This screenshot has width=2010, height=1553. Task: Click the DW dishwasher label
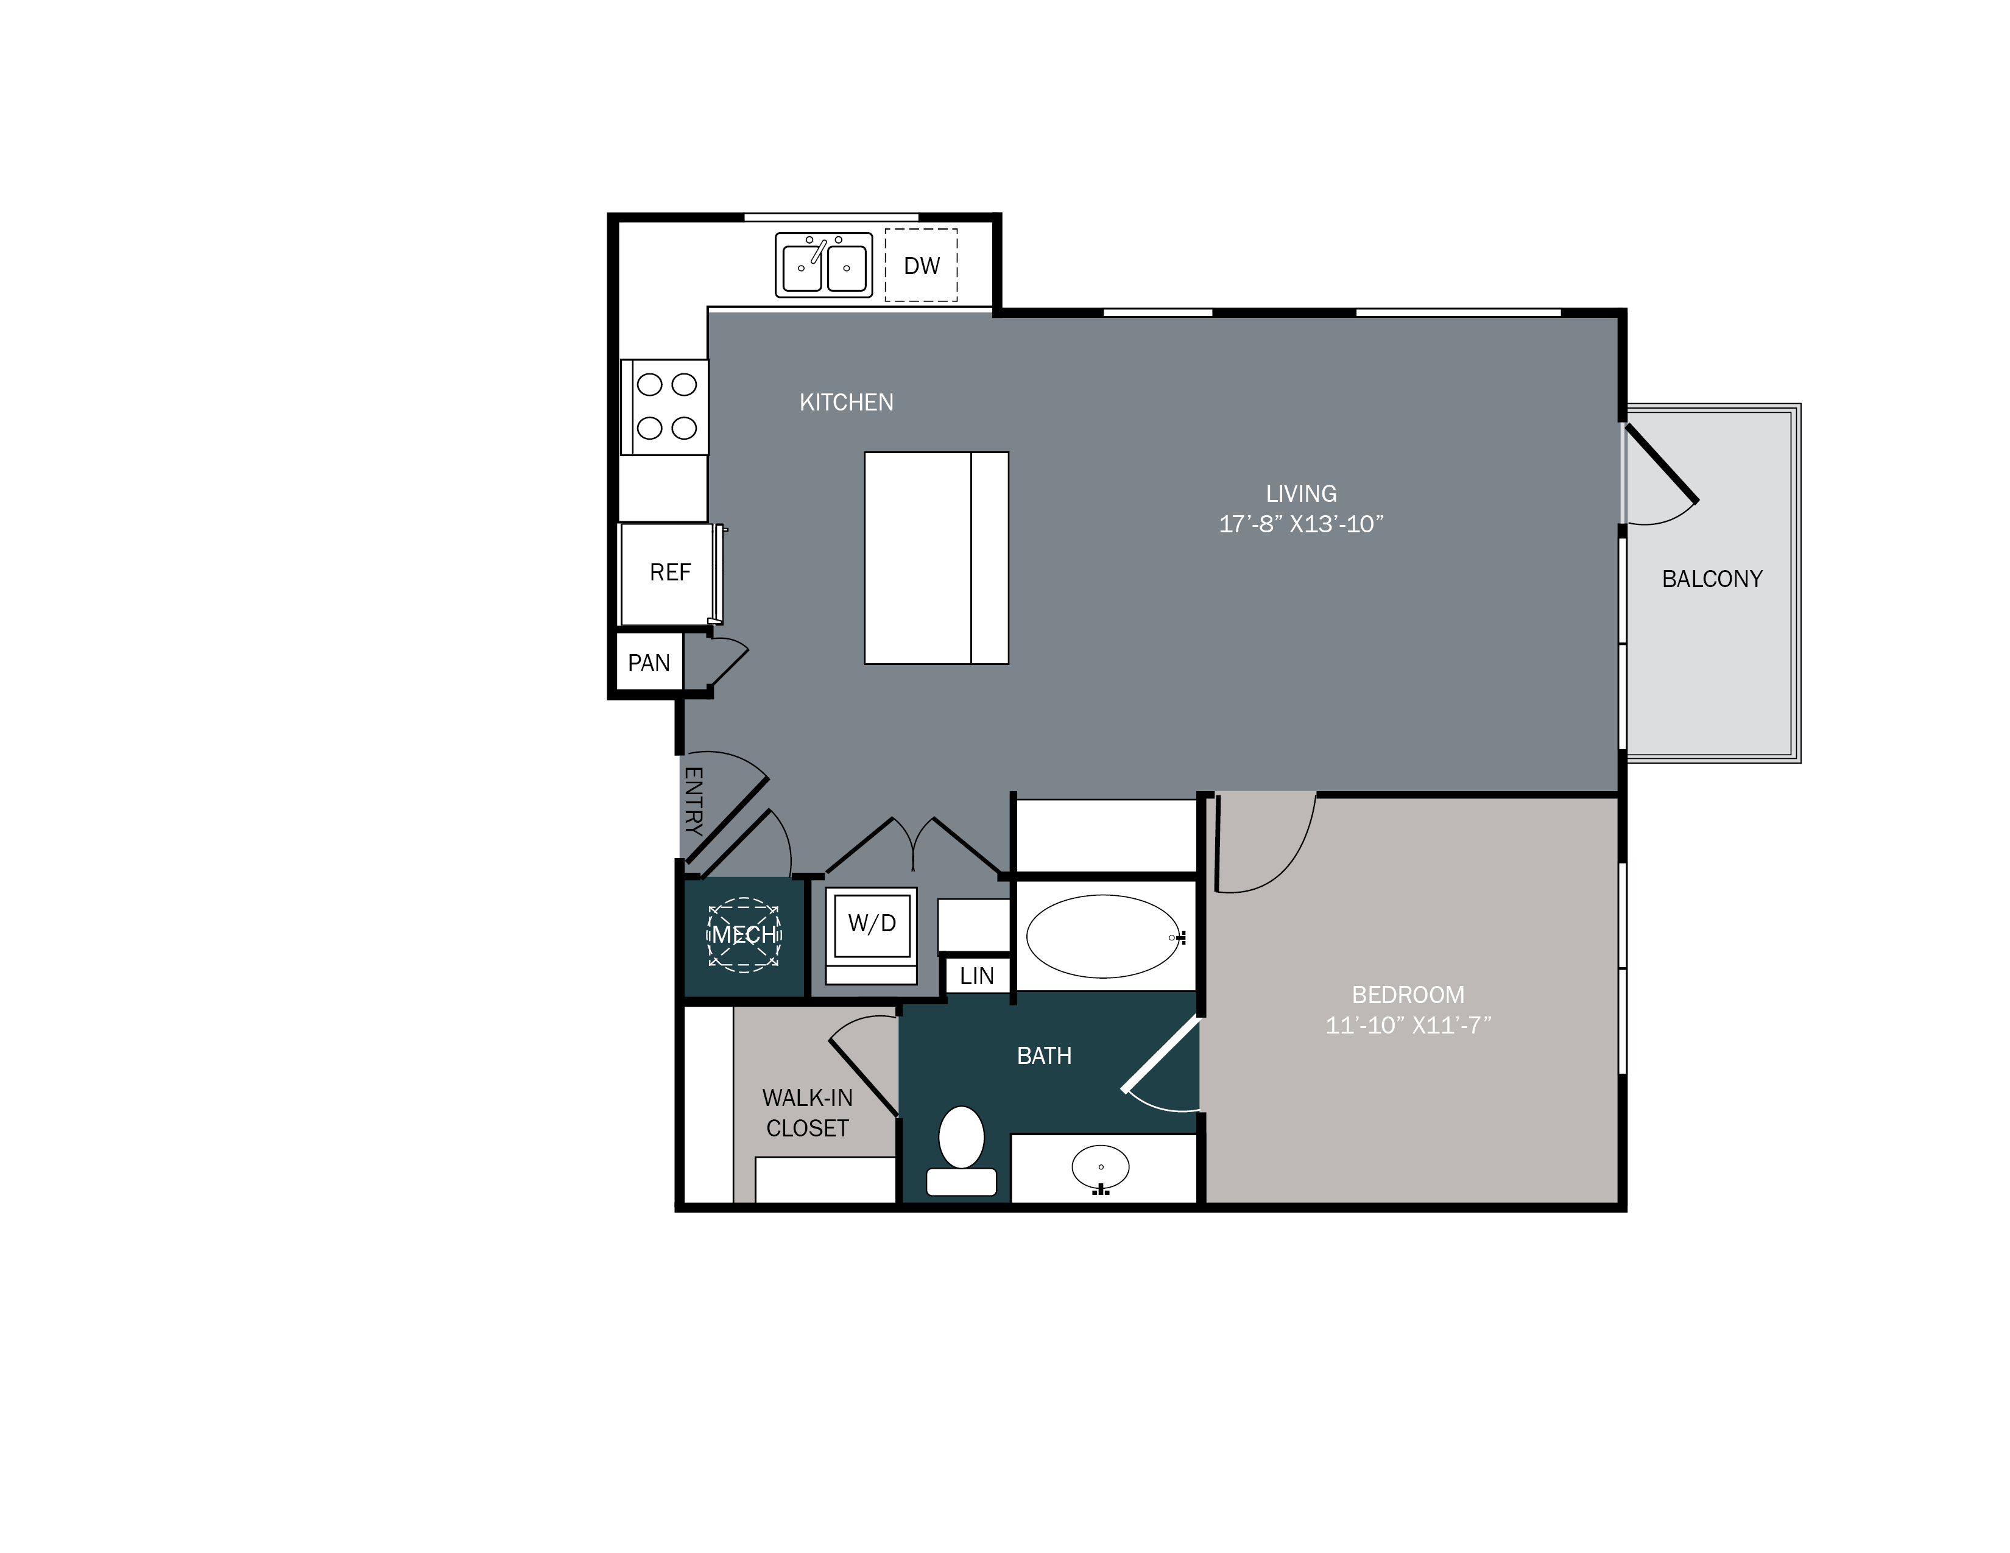click(921, 266)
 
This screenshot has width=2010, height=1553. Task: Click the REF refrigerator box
click(669, 573)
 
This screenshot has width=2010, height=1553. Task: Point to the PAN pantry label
click(649, 663)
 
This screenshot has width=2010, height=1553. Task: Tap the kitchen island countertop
click(936, 557)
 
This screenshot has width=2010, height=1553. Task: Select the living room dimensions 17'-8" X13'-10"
click(1300, 524)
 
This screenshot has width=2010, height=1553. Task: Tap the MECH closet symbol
click(744, 935)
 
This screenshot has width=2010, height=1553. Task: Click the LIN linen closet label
click(976, 976)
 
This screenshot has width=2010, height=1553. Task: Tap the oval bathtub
click(1102, 937)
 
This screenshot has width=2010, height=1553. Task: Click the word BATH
click(1043, 1056)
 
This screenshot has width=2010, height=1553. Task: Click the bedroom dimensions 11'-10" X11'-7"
click(1407, 1026)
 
